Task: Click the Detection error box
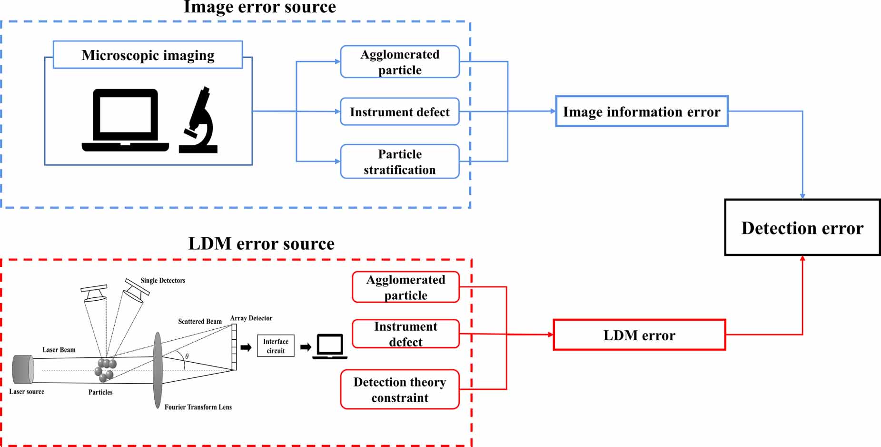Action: [x=802, y=227]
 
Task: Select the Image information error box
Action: [x=641, y=112]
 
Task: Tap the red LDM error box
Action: [x=639, y=335]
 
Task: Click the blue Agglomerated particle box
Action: [x=400, y=62]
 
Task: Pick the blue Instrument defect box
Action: [x=400, y=112]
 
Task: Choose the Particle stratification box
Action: [x=400, y=162]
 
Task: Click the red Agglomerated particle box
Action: [x=406, y=287]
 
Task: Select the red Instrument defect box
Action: [x=406, y=334]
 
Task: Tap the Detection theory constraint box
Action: [x=400, y=389]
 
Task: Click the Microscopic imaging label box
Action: [x=148, y=55]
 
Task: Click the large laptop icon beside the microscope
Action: [x=125, y=121]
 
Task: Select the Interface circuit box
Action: [x=276, y=346]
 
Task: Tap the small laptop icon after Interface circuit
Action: [x=330, y=346]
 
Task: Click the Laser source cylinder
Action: [x=23, y=369]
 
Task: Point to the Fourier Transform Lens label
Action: [x=198, y=407]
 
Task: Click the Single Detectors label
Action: [x=163, y=281]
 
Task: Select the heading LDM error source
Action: [x=261, y=244]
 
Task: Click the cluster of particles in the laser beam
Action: [x=105, y=370]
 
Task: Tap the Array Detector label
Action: [x=251, y=318]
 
